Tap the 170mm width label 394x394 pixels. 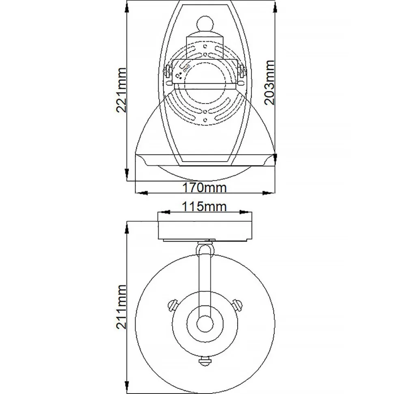click(x=204, y=188)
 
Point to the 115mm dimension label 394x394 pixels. click(x=204, y=206)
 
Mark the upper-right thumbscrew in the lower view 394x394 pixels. click(x=238, y=303)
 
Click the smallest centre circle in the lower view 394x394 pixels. click(x=205, y=324)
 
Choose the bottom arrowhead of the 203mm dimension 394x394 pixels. click(x=275, y=158)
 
